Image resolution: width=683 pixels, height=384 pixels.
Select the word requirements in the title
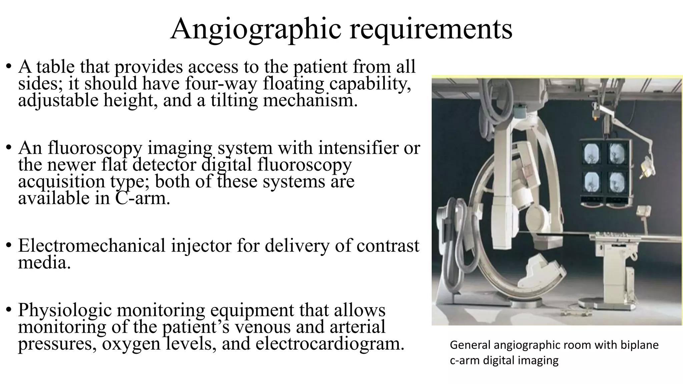tap(431, 29)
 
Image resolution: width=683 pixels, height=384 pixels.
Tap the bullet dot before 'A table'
tap(9, 66)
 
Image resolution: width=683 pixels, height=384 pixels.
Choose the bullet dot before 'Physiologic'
tap(9, 309)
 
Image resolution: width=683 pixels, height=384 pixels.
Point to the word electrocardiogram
tap(330, 343)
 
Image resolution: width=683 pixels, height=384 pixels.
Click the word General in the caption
tap(470, 345)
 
